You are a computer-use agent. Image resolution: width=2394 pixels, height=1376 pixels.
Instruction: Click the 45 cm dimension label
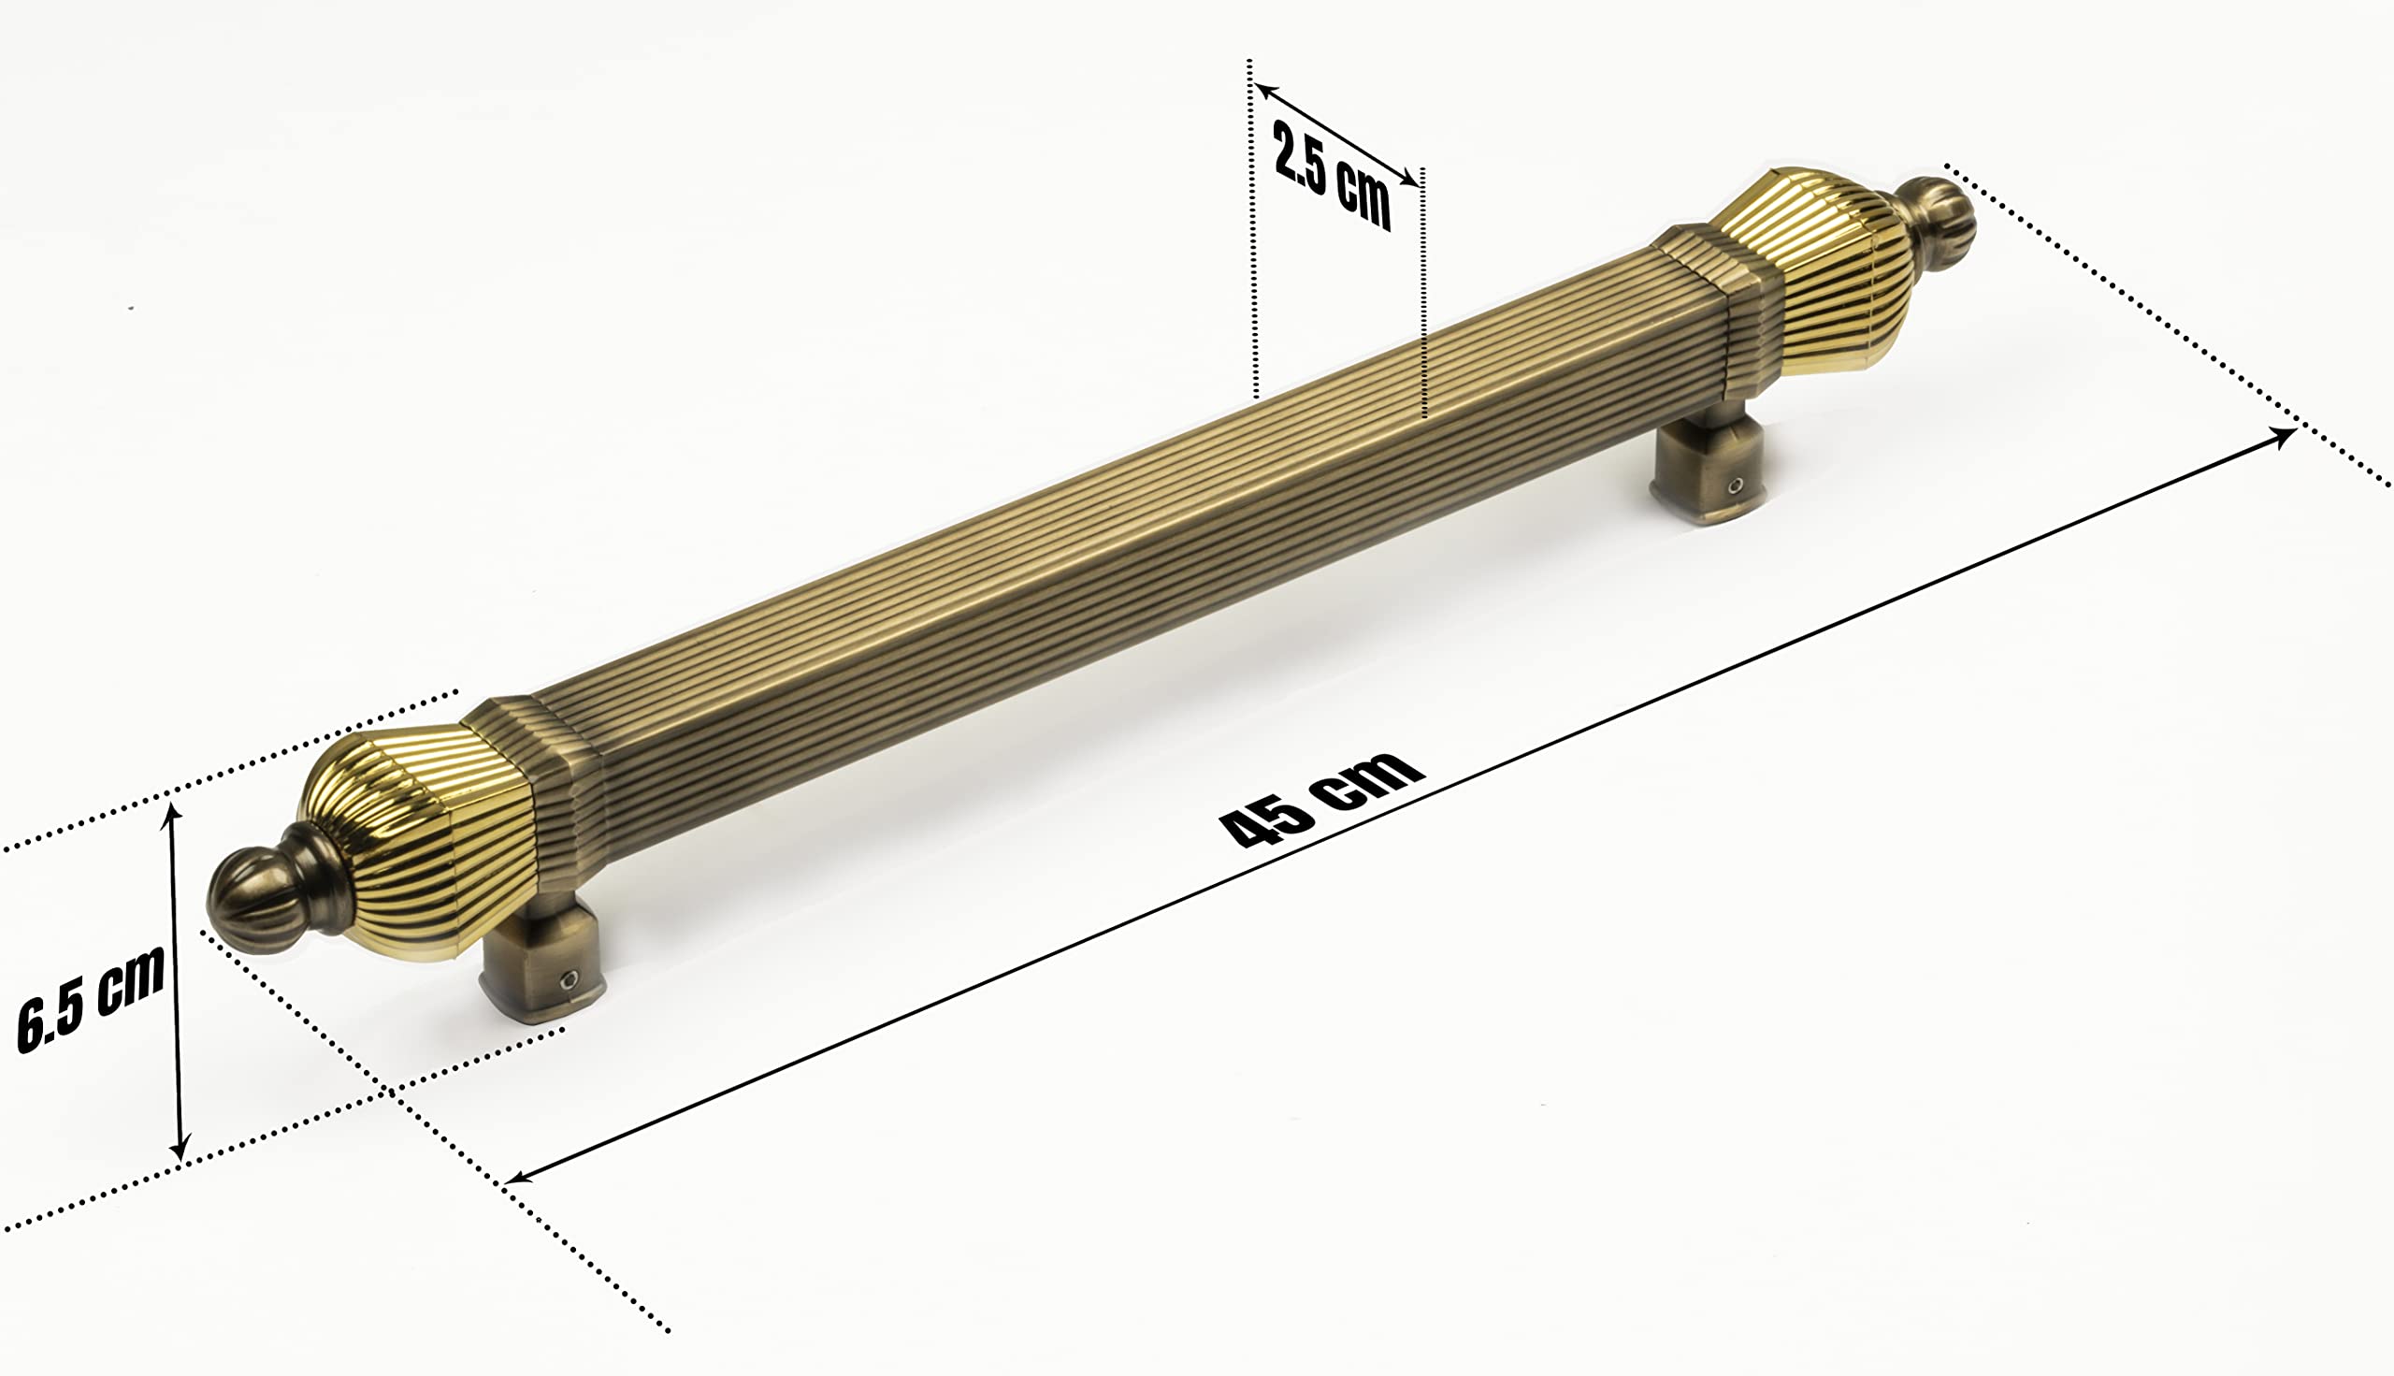[1321, 799]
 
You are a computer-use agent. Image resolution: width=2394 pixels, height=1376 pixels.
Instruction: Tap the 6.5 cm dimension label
[92, 998]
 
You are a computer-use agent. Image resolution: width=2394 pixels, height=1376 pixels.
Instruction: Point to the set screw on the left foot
[569, 981]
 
